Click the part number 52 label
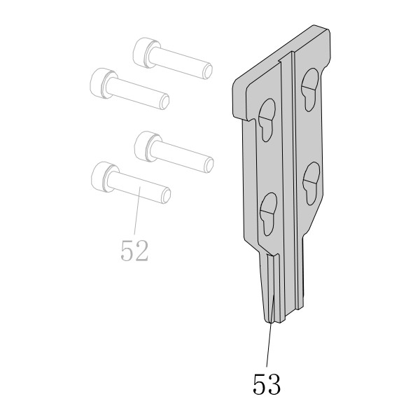click(x=134, y=251)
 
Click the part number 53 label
click(x=267, y=384)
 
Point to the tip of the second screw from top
click(x=164, y=103)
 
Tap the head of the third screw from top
click(x=147, y=146)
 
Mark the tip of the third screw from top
click(x=209, y=165)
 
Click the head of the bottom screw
click(x=104, y=177)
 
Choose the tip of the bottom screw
click(x=166, y=196)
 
